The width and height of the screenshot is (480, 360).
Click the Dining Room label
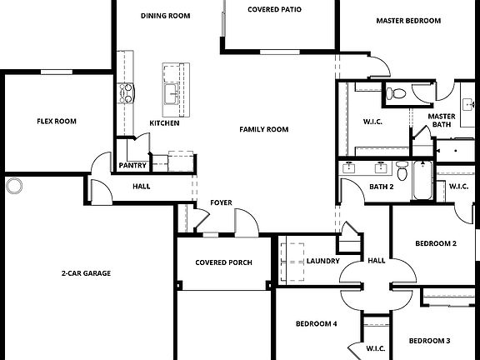coord(166,16)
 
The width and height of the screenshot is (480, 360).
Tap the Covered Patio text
coord(274,10)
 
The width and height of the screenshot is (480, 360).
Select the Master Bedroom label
coord(407,21)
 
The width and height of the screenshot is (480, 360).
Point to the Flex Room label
coord(57,122)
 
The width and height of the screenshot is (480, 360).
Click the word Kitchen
coord(164,123)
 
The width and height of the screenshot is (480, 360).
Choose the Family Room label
coord(263,129)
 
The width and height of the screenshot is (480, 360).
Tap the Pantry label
coord(132,165)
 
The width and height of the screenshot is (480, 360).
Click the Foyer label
coord(221,202)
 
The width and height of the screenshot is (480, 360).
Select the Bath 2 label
coord(381,187)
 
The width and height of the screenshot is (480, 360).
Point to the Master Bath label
coord(442,121)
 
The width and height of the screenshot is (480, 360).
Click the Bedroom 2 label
coord(436,243)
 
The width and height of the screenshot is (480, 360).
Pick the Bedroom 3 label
coord(429,340)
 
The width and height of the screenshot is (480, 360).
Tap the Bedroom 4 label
coord(317,323)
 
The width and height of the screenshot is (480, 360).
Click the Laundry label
coord(322,261)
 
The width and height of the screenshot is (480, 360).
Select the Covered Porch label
coord(223,262)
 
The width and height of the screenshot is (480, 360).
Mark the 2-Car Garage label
coord(86,272)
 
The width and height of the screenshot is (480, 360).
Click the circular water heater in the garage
coord(14,185)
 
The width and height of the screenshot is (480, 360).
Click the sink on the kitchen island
coord(172,92)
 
